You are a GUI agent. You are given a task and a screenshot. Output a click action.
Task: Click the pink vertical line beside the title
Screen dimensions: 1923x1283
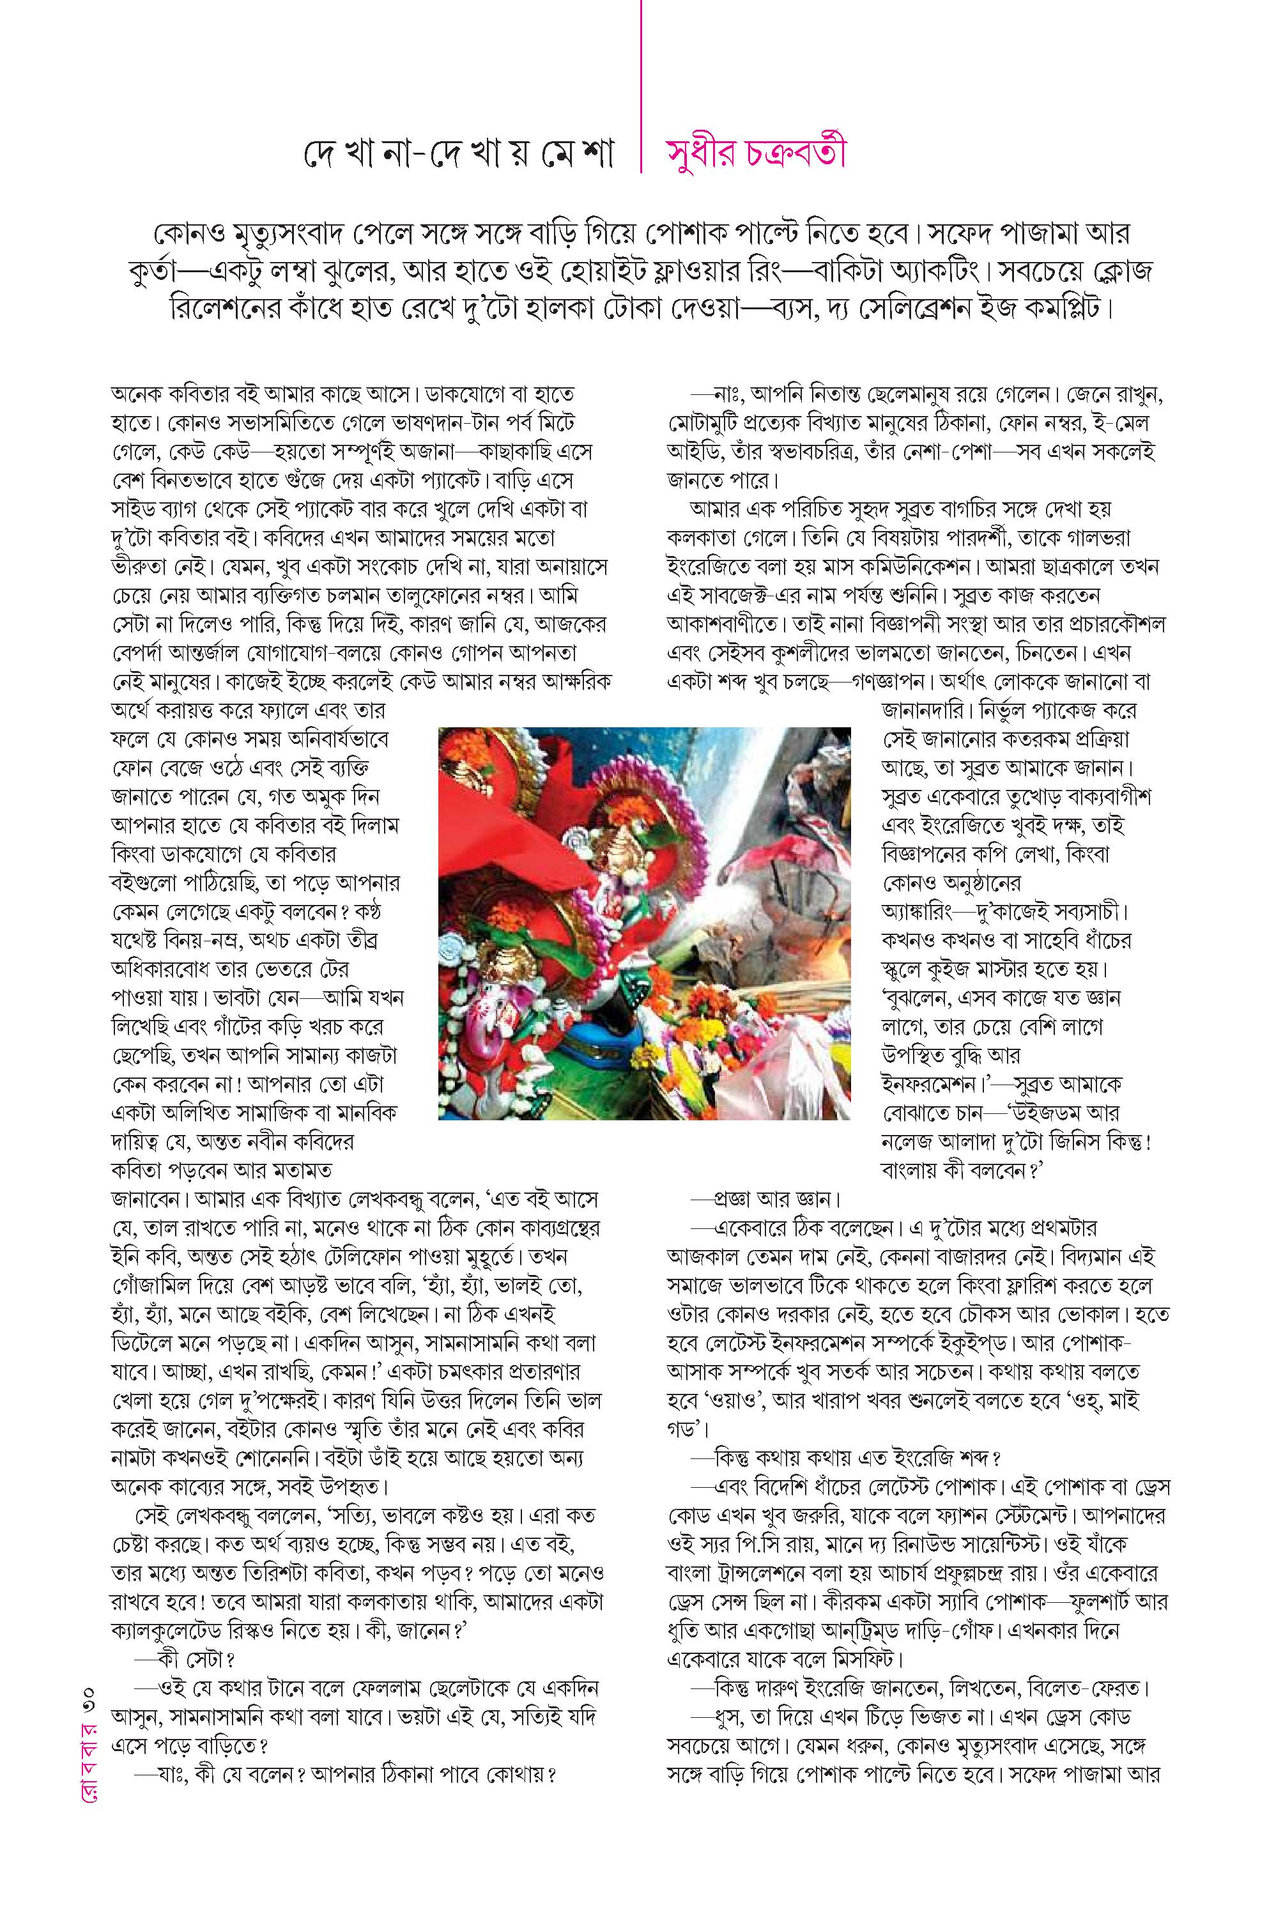641,86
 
